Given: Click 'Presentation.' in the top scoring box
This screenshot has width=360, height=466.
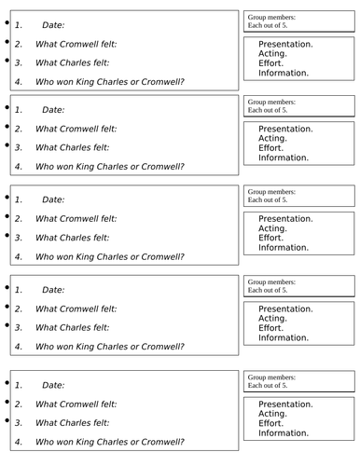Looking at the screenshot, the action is coord(285,45).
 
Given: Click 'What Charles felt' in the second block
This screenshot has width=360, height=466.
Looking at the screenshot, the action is coord(73,148).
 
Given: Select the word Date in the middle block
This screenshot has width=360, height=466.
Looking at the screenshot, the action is coord(53,199).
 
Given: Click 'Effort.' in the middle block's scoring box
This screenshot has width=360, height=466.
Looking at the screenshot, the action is coord(271,238).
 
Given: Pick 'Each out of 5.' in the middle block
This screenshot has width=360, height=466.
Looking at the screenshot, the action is coord(268,199).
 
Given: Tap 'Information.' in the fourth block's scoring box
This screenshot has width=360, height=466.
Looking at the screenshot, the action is coord(283,337).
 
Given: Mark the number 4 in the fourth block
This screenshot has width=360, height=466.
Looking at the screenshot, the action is coord(20,348).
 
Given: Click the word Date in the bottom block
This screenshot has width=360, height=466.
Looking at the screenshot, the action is coord(53,385).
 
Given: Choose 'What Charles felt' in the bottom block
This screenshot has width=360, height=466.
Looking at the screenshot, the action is coord(73,423).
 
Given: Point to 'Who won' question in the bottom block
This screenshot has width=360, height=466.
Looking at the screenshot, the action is coord(109,443).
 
